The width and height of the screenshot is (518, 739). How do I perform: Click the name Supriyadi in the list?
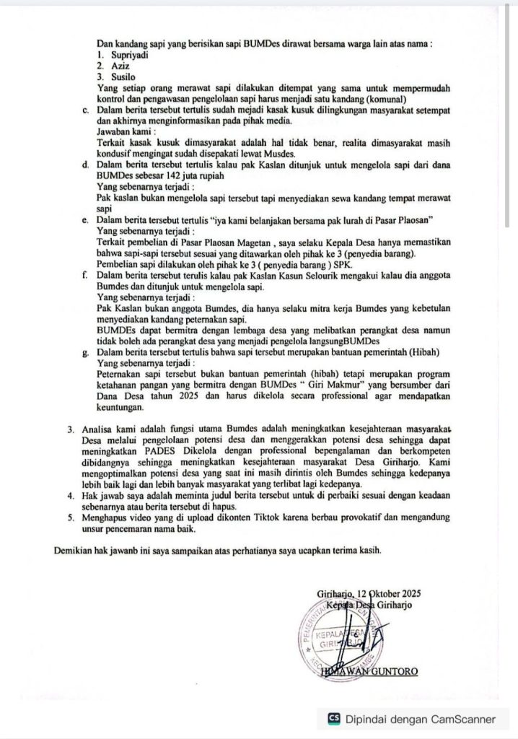click(133, 55)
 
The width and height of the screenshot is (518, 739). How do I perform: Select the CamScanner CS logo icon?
click(333, 719)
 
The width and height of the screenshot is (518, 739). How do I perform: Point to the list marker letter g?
click(85, 351)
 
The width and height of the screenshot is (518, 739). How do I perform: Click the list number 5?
click(70, 517)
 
